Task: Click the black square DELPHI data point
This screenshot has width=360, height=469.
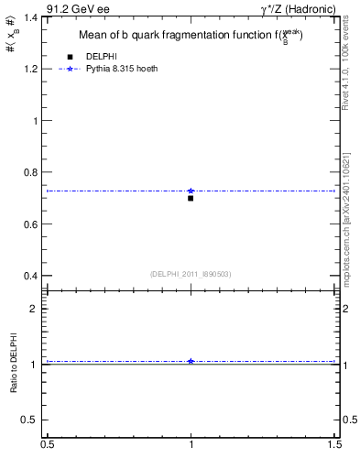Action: pyautogui.click(x=191, y=198)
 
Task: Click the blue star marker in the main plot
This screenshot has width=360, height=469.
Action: pyautogui.click(x=191, y=191)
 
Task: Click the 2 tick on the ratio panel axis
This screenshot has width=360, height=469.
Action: pyautogui.click(x=34, y=309)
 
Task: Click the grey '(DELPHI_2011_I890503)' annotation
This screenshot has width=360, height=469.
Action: pyautogui.click(x=191, y=274)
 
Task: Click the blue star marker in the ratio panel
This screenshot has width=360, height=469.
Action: pyautogui.click(x=191, y=361)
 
